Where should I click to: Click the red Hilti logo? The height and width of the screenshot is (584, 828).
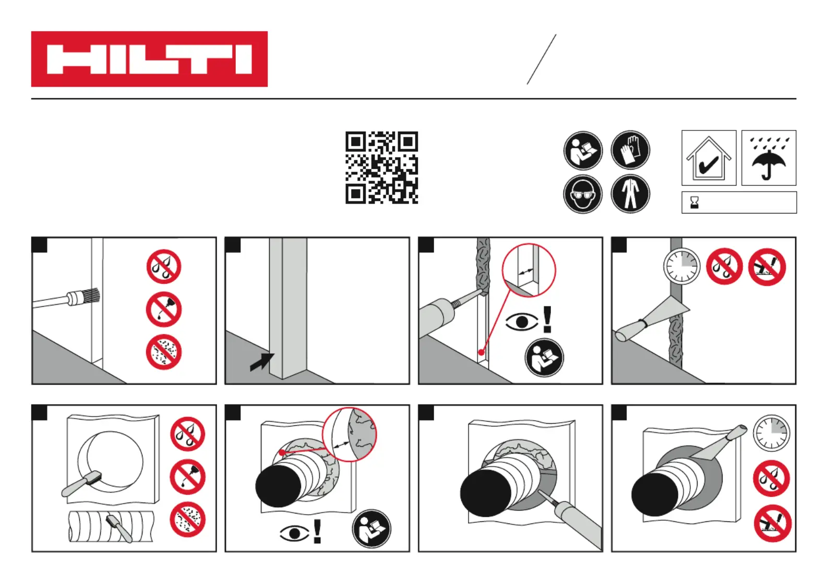149,59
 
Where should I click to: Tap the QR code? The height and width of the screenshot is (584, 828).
382,168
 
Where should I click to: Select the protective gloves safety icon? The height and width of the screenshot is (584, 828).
630,150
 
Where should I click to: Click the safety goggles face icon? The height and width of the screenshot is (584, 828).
583,194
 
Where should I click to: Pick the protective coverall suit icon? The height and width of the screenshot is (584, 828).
630,194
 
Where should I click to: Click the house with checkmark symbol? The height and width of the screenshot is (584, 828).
709,158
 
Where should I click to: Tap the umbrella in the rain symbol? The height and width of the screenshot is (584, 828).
769,158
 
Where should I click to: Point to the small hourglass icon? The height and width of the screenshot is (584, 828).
694,202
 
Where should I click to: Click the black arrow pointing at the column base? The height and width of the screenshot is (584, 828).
262,362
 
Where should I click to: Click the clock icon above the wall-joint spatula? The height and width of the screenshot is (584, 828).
681,266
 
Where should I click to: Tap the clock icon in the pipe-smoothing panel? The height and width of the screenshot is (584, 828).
772,433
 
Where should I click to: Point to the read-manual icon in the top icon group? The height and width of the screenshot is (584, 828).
583,150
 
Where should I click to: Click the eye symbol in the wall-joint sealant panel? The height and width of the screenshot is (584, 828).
522,322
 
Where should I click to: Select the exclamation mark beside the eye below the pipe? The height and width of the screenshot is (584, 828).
317,531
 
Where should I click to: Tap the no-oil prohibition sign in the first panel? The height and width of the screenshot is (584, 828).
164,309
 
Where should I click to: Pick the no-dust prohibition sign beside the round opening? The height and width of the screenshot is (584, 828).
188,519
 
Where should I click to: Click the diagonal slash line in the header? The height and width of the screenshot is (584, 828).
542,59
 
